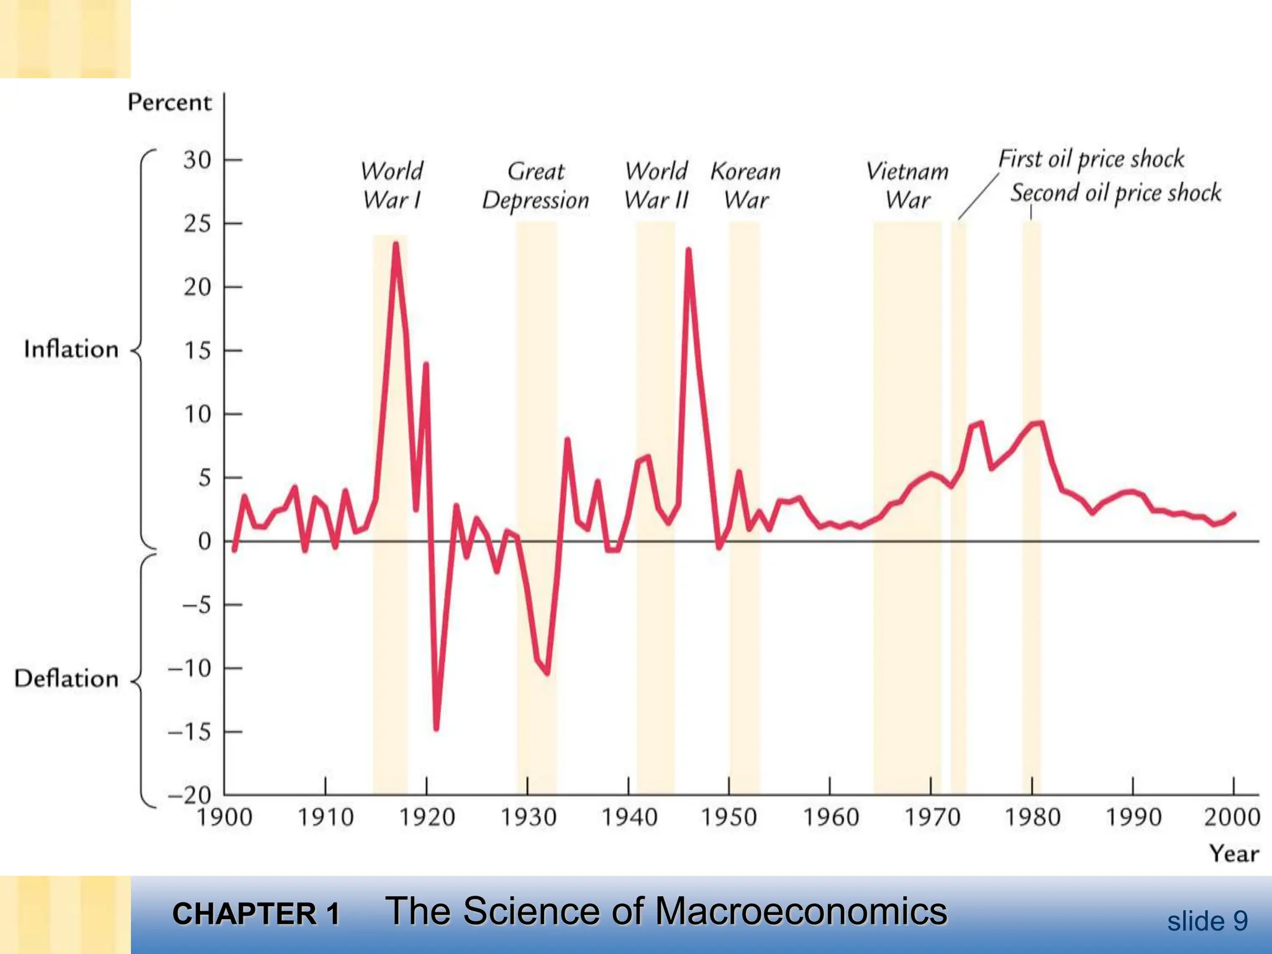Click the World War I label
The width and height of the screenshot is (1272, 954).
pyautogui.click(x=392, y=185)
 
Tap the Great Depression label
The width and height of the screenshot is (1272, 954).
pyautogui.click(x=535, y=185)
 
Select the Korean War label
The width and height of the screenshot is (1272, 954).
pyautogui.click(x=745, y=185)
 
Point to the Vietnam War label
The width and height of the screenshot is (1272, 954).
pyautogui.click(x=907, y=185)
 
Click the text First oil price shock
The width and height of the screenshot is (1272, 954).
pyautogui.click(x=1091, y=159)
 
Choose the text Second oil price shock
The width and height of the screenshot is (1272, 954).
pyautogui.click(x=1115, y=193)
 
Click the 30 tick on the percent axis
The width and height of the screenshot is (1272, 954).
pyautogui.click(x=198, y=160)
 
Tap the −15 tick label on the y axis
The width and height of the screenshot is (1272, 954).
pyautogui.click(x=189, y=732)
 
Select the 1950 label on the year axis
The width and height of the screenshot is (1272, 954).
pyautogui.click(x=729, y=817)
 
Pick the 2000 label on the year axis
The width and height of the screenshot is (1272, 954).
pyautogui.click(x=1232, y=817)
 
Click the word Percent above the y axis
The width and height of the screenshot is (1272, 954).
pyautogui.click(x=170, y=102)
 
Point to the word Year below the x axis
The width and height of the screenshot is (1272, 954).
pyautogui.click(x=1233, y=853)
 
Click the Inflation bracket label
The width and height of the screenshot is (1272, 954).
pyautogui.click(x=71, y=349)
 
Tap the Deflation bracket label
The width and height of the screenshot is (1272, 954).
pyautogui.click(x=66, y=678)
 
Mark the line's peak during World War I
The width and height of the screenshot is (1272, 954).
pyautogui.click(x=396, y=245)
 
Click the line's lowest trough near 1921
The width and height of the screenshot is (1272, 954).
pyautogui.click(x=436, y=728)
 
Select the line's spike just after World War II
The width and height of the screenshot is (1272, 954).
pyautogui.click(x=688, y=250)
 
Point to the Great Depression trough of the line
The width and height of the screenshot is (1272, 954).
pyautogui.click(x=547, y=673)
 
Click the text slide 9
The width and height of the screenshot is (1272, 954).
pyautogui.click(x=1207, y=921)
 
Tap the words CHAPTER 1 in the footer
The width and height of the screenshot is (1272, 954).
pyautogui.click(x=256, y=914)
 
